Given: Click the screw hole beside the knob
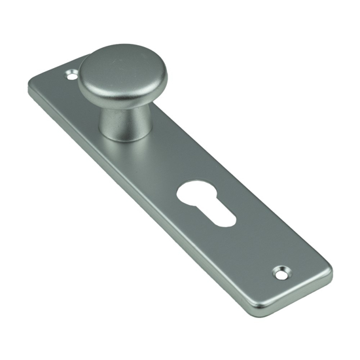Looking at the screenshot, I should pyautogui.click(x=72, y=77).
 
